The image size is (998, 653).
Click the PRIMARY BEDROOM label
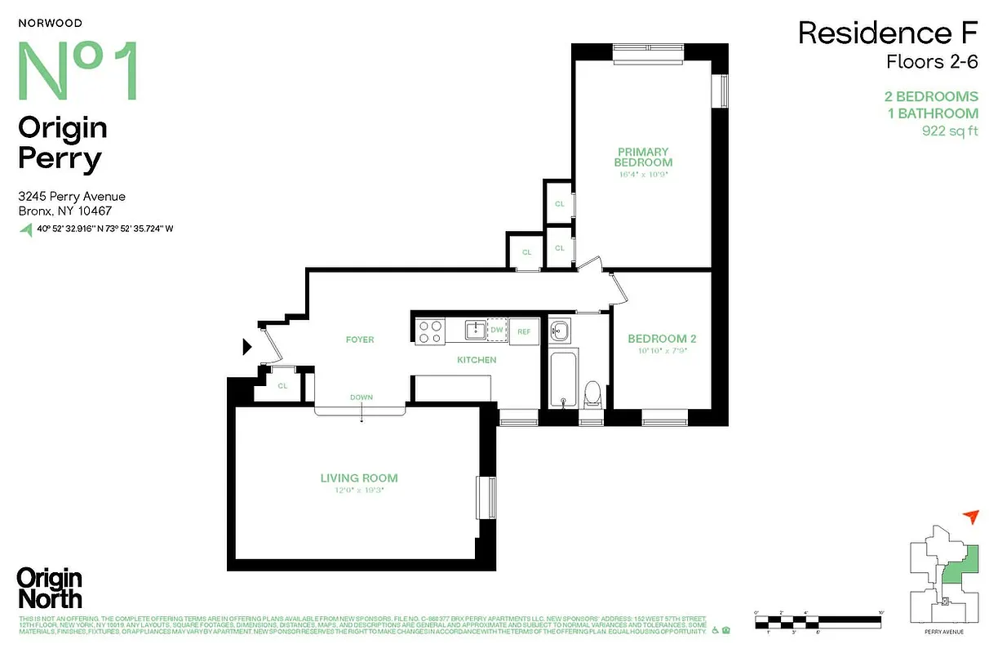pyautogui.click(x=643, y=157)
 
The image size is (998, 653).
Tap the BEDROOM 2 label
pyautogui.click(x=662, y=339)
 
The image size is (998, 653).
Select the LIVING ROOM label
pyautogui.click(x=359, y=478)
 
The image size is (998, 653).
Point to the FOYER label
pyautogui.click(x=360, y=340)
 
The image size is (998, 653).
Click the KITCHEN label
pyautogui.click(x=477, y=360)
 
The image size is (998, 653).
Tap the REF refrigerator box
pyautogui.click(x=524, y=331)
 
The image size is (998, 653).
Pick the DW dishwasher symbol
pyautogui.click(x=496, y=330)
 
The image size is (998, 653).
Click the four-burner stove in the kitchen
pyautogui.click(x=430, y=331)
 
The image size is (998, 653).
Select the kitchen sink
pyautogui.click(x=474, y=330)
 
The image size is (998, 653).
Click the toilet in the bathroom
pyautogui.click(x=592, y=393)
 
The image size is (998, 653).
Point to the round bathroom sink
pyautogui.click(x=560, y=331)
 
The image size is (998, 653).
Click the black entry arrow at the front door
pyautogui.click(x=247, y=348)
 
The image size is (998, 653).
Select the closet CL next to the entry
pyautogui.click(x=282, y=386)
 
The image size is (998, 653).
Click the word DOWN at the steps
pyautogui.click(x=361, y=398)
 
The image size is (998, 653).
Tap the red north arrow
pyautogui.click(x=970, y=516)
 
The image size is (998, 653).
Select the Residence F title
pyautogui.click(x=887, y=33)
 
